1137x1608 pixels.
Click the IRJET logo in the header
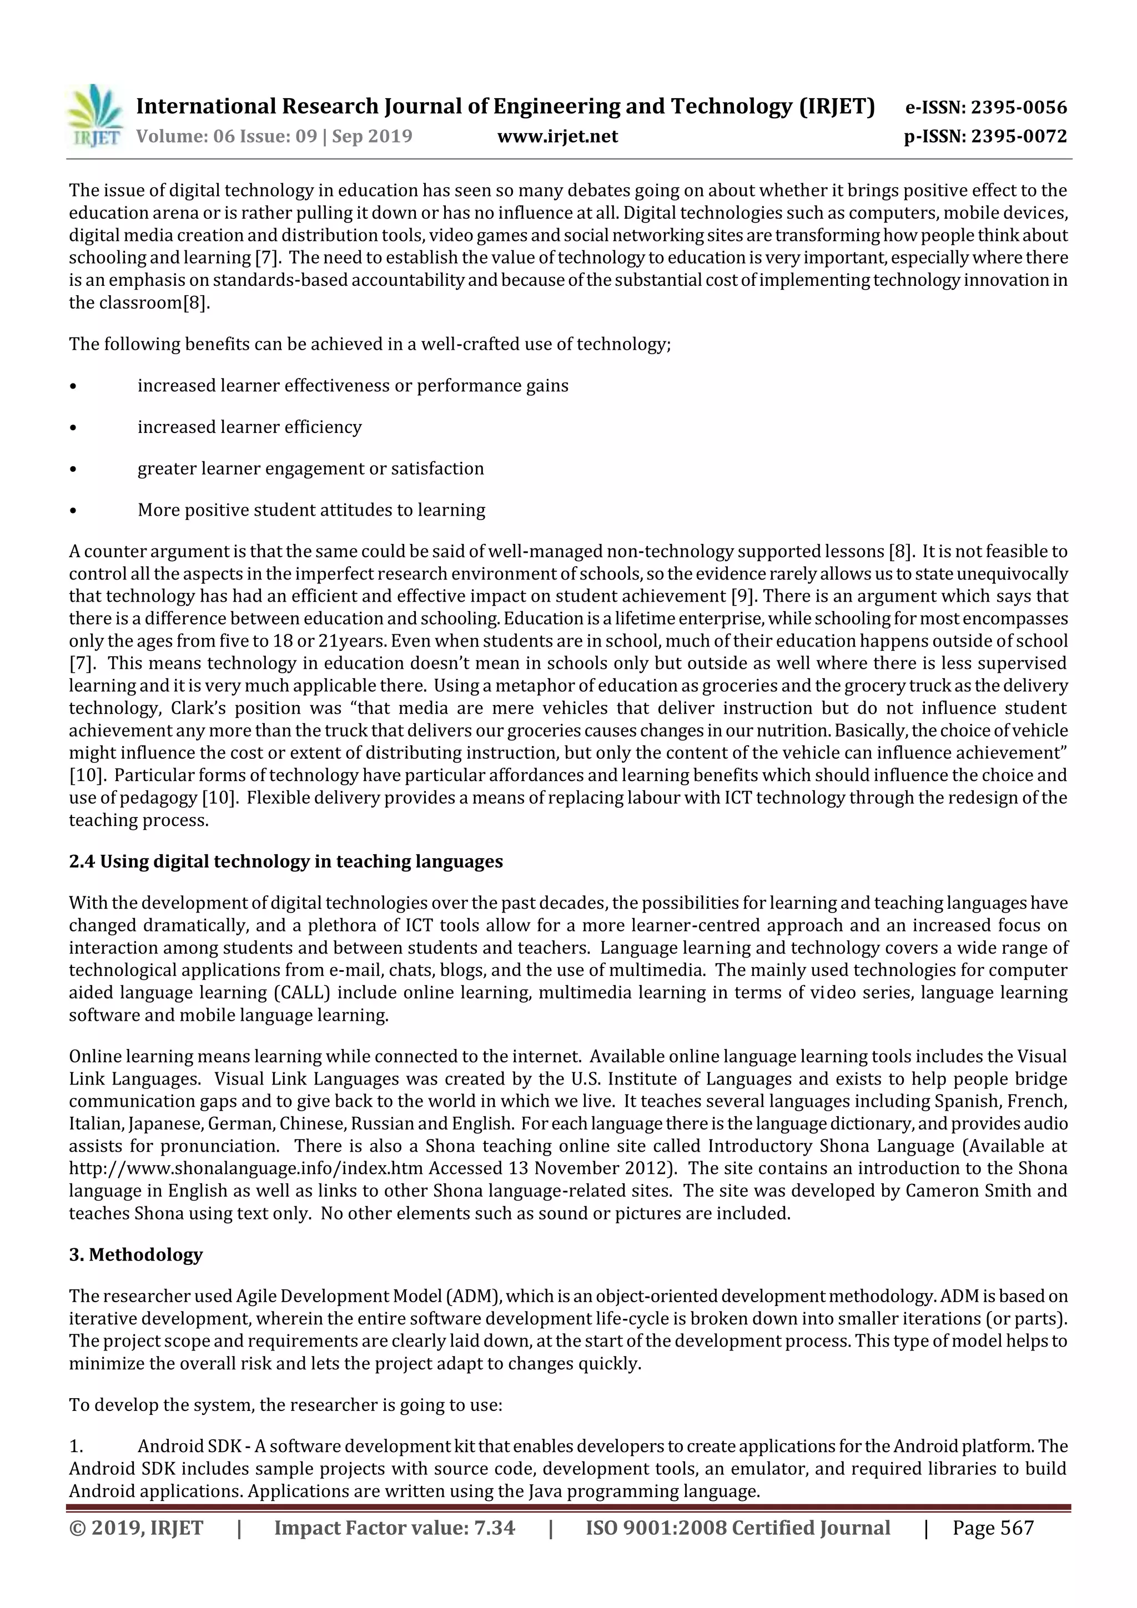click(94, 116)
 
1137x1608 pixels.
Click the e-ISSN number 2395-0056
click(1019, 107)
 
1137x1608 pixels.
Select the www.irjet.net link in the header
click(557, 136)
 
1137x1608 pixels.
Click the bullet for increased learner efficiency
click(73, 427)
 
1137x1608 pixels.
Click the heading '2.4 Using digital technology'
click(286, 861)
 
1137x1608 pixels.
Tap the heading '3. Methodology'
click(136, 1254)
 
